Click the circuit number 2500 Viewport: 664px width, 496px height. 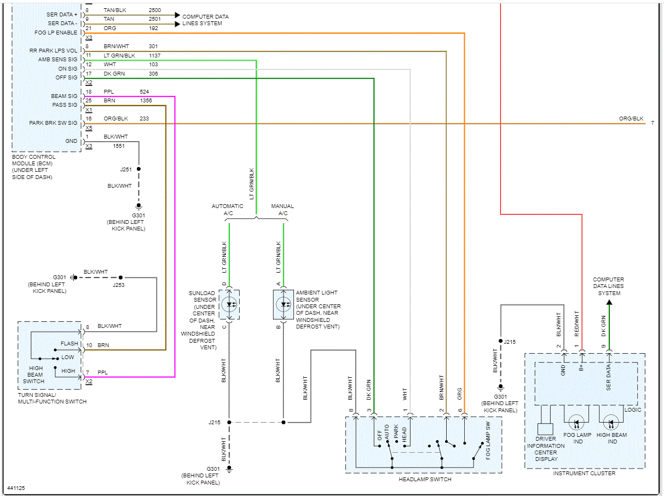(x=154, y=10)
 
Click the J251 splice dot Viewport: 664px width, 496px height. (x=138, y=169)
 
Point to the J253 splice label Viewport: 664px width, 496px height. (x=119, y=285)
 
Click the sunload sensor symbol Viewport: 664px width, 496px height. (x=229, y=304)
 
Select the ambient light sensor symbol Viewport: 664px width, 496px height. (x=284, y=304)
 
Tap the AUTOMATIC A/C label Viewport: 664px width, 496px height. (x=228, y=210)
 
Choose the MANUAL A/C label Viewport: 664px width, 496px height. (x=282, y=210)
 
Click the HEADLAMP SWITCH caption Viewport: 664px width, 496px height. (x=425, y=480)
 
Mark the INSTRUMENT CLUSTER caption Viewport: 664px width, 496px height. (x=584, y=473)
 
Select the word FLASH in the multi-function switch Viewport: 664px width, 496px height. (x=70, y=344)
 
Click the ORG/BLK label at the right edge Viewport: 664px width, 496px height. (x=631, y=119)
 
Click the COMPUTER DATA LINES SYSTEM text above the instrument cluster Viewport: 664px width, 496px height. (x=608, y=286)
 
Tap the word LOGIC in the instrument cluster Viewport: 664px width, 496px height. (x=633, y=410)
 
